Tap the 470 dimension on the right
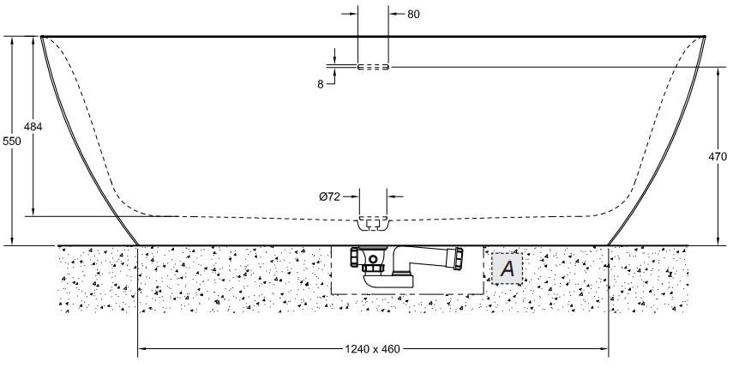pyautogui.click(x=718, y=157)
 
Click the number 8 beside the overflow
pyautogui.click(x=321, y=84)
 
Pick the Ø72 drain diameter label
pyautogui.click(x=331, y=196)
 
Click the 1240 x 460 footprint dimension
pyautogui.click(x=373, y=350)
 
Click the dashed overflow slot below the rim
pyautogui.click(x=373, y=66)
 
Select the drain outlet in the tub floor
pyautogui.click(x=373, y=225)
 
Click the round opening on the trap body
pyautogui.click(x=373, y=257)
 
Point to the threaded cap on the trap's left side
pyautogui.click(x=354, y=256)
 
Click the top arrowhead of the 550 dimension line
pyautogui.click(x=13, y=40)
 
